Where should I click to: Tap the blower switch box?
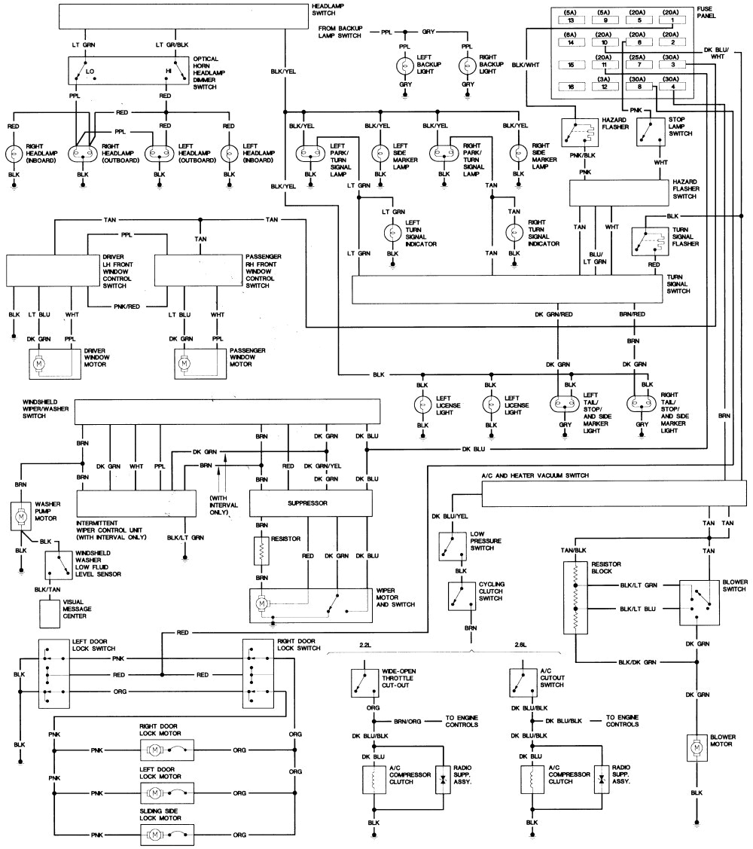tap(697, 602)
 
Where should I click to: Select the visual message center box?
tap(50, 613)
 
